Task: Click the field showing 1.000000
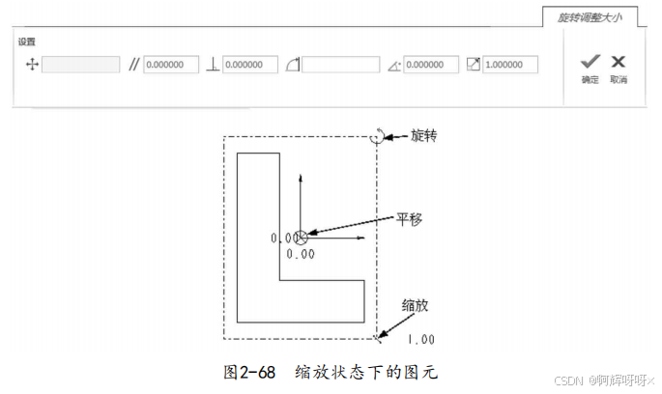coord(510,65)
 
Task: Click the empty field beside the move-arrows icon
coord(80,65)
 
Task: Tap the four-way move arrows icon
coord(30,65)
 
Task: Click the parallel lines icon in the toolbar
coord(134,65)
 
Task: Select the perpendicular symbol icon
coord(214,65)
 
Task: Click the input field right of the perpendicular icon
coord(250,65)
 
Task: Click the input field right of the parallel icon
coord(171,65)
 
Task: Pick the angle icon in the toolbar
coord(393,66)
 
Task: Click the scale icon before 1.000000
coord(473,65)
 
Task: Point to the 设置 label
coord(27,42)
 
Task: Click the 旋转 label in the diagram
coord(424,136)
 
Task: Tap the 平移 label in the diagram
coord(410,217)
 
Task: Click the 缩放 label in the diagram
coord(415,305)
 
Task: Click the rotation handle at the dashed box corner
coord(376,137)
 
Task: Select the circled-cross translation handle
coord(302,237)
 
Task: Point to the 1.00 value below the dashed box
coord(420,339)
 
